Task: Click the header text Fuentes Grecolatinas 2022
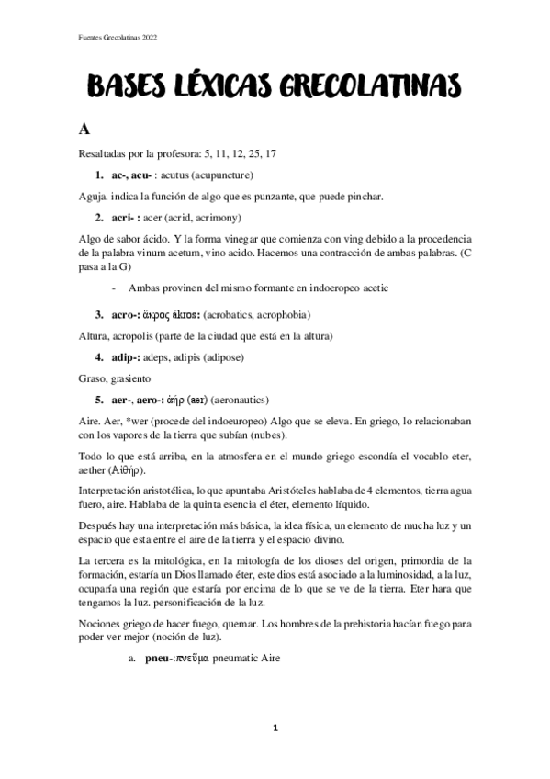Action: pyautogui.click(x=118, y=37)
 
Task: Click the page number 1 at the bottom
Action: pyautogui.click(x=275, y=728)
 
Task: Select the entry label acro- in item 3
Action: pyautogui.click(x=128, y=313)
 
